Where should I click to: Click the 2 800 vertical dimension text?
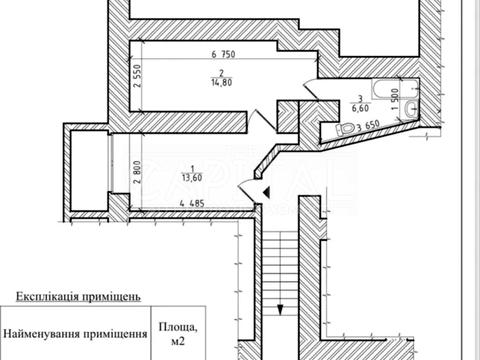(135, 176)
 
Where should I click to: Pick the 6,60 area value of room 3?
(364, 107)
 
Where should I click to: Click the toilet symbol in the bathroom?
(346, 127)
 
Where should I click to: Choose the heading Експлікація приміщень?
(84, 297)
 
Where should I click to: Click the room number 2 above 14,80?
(217, 73)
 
